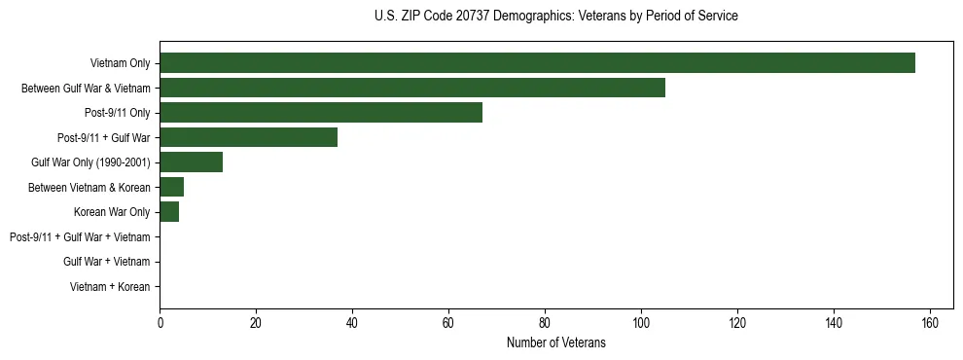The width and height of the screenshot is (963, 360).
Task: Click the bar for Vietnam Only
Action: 537,63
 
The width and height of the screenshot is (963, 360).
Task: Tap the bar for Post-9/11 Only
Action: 321,113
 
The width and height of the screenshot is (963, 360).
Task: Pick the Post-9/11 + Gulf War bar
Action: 249,137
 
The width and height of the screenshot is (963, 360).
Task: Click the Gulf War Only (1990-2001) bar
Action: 191,162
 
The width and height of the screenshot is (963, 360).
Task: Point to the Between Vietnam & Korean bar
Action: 172,187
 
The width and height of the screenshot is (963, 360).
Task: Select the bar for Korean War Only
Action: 169,212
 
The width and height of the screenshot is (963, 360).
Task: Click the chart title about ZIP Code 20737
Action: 555,17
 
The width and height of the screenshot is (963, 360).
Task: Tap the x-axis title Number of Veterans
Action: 555,342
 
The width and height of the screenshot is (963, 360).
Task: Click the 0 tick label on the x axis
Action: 160,323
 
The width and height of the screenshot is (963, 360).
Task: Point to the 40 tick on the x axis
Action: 352,323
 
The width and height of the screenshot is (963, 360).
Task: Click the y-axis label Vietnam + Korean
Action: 110,286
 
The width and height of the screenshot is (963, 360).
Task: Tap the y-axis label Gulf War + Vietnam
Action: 106,262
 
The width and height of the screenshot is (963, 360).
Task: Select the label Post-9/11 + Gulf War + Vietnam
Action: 80,236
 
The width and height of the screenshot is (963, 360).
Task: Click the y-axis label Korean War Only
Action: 112,212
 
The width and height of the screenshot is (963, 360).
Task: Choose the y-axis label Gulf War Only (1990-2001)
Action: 90,162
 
